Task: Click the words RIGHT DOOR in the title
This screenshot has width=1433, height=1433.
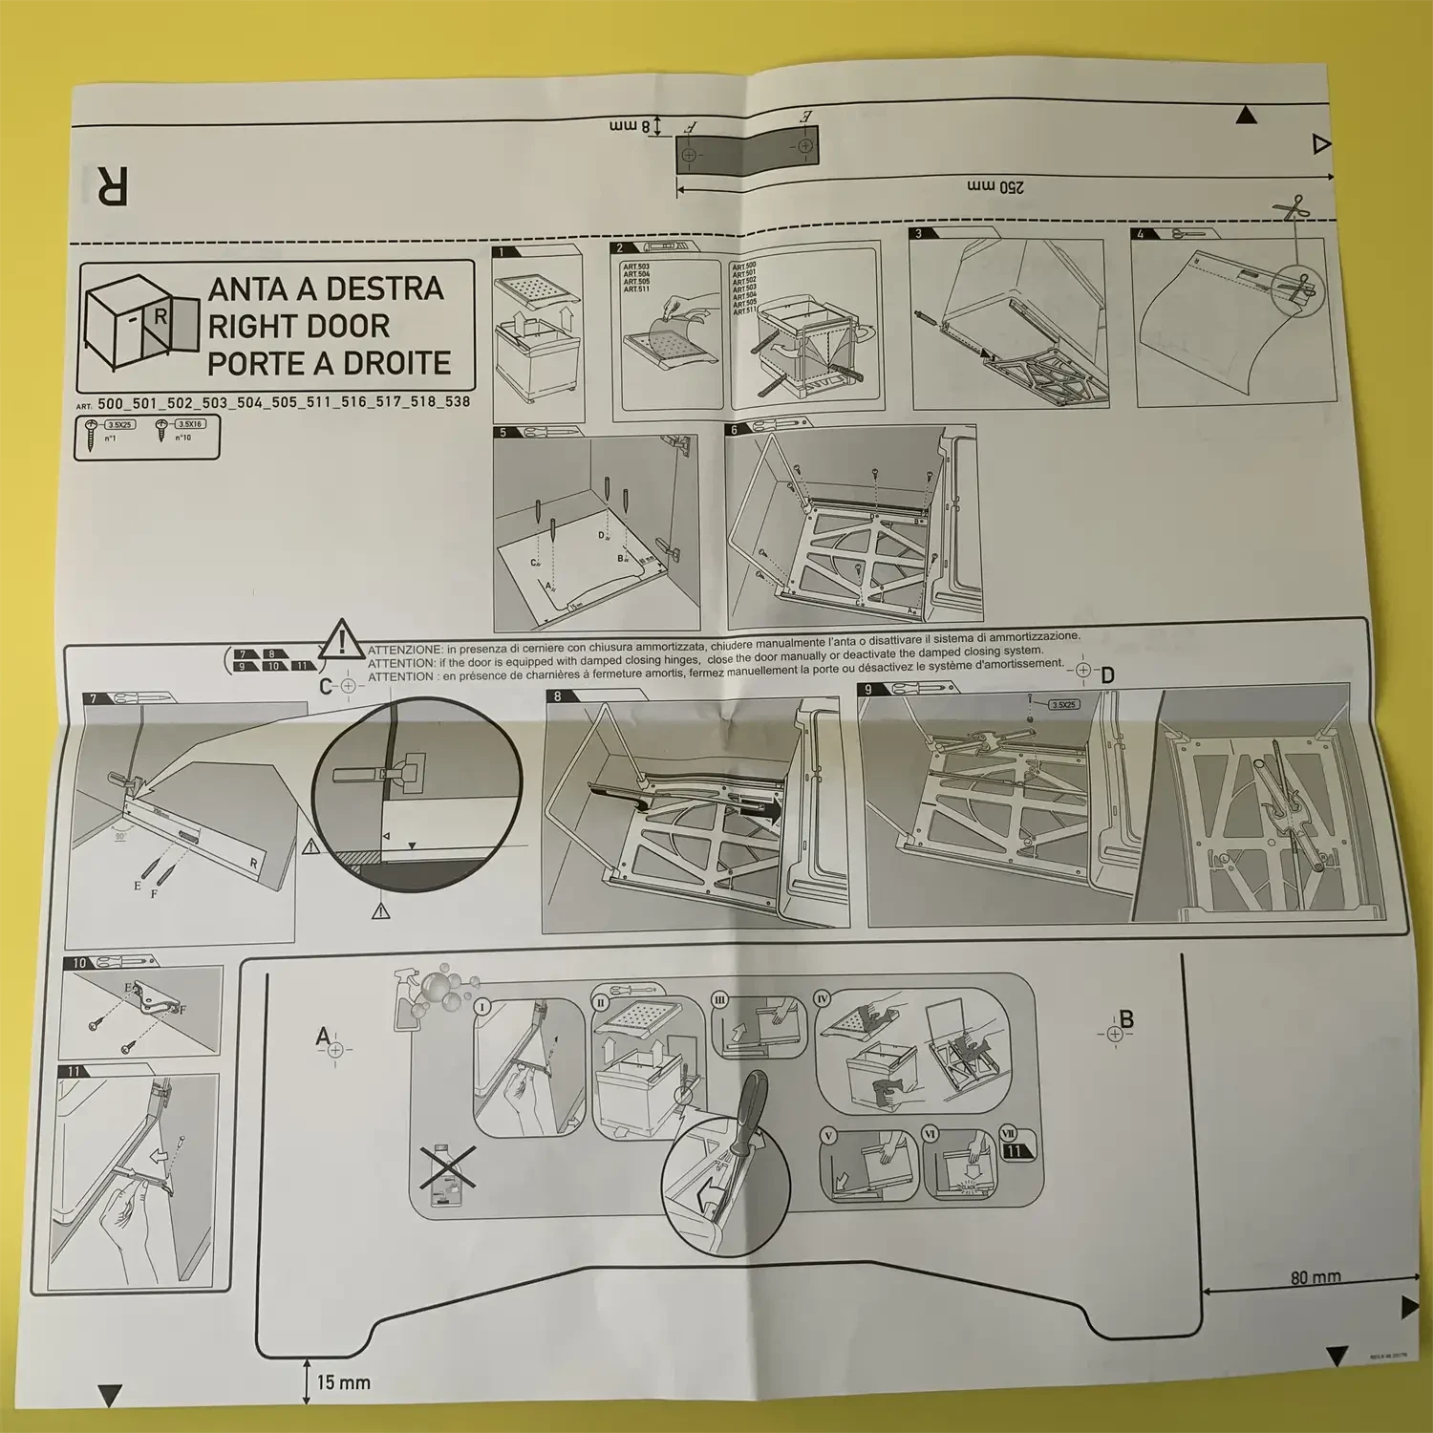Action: (298, 326)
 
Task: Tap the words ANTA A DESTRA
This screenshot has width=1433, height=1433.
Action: (326, 289)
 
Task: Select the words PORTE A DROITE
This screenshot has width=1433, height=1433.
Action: (329, 363)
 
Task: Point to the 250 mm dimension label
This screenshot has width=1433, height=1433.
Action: (995, 186)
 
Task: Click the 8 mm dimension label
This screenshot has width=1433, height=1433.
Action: (631, 125)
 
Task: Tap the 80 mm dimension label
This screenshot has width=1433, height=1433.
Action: (1315, 1276)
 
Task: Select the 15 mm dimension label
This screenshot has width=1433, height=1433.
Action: (343, 1382)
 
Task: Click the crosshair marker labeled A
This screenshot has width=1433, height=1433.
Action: (334, 1049)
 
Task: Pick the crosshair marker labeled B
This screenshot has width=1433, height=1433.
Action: (1114, 1034)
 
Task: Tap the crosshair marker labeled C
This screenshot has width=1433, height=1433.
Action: (348, 686)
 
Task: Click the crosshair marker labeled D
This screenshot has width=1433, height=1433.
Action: (1082, 671)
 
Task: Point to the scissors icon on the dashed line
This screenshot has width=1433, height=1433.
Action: (1294, 206)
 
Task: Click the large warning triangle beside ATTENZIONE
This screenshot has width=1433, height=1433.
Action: (342, 640)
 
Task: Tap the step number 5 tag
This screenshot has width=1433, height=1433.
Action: (503, 433)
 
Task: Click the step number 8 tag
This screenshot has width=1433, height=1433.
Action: (557, 696)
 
